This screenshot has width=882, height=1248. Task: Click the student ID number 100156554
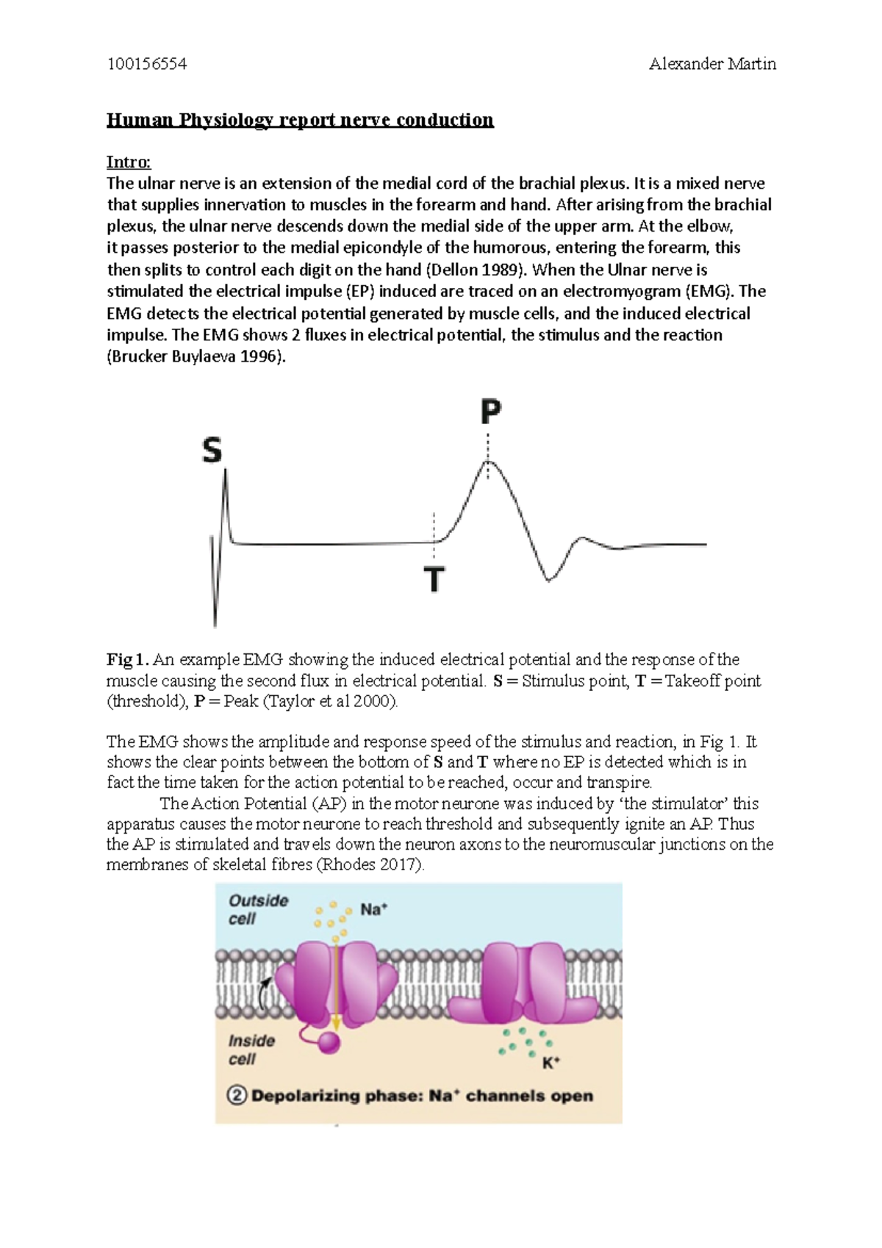(147, 64)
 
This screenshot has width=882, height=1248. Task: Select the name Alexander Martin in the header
(711, 64)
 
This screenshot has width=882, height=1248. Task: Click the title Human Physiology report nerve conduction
(300, 120)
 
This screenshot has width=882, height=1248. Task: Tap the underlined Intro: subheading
(129, 162)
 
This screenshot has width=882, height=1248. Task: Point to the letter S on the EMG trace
(212, 450)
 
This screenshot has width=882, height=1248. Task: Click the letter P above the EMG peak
(490, 412)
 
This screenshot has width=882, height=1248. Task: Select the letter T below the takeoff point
(434, 579)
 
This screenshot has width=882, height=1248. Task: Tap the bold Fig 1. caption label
(128, 659)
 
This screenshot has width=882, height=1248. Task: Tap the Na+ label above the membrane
(373, 910)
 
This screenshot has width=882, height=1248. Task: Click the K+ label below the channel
(551, 1062)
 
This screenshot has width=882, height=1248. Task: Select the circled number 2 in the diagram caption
(237, 1096)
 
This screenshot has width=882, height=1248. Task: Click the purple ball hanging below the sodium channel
(329, 1043)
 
